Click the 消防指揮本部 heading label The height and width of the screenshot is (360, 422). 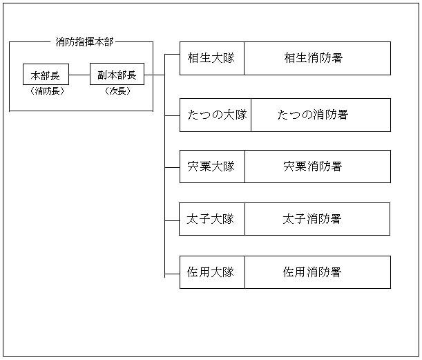(84, 41)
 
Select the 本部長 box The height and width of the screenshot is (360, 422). (46, 75)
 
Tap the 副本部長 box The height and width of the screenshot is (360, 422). (117, 75)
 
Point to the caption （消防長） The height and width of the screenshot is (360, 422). (47, 91)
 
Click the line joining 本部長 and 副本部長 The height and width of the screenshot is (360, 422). (79, 75)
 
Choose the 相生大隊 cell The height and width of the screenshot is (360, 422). (211, 58)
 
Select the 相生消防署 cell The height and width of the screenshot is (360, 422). (317, 58)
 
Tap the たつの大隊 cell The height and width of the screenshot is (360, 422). (215, 115)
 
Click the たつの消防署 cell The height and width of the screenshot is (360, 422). (320, 115)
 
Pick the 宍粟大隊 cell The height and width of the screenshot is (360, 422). (211, 167)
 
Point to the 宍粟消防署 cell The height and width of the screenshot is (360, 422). (317, 167)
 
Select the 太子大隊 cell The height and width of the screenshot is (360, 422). (211, 219)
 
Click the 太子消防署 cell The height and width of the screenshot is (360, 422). (317, 219)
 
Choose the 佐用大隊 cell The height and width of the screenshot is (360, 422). (211, 272)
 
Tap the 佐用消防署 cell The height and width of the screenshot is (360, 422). (317, 272)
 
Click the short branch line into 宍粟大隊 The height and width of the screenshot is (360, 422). (172, 167)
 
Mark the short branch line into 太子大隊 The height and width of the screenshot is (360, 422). (172, 220)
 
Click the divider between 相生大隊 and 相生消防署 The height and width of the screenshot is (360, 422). (244, 58)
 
